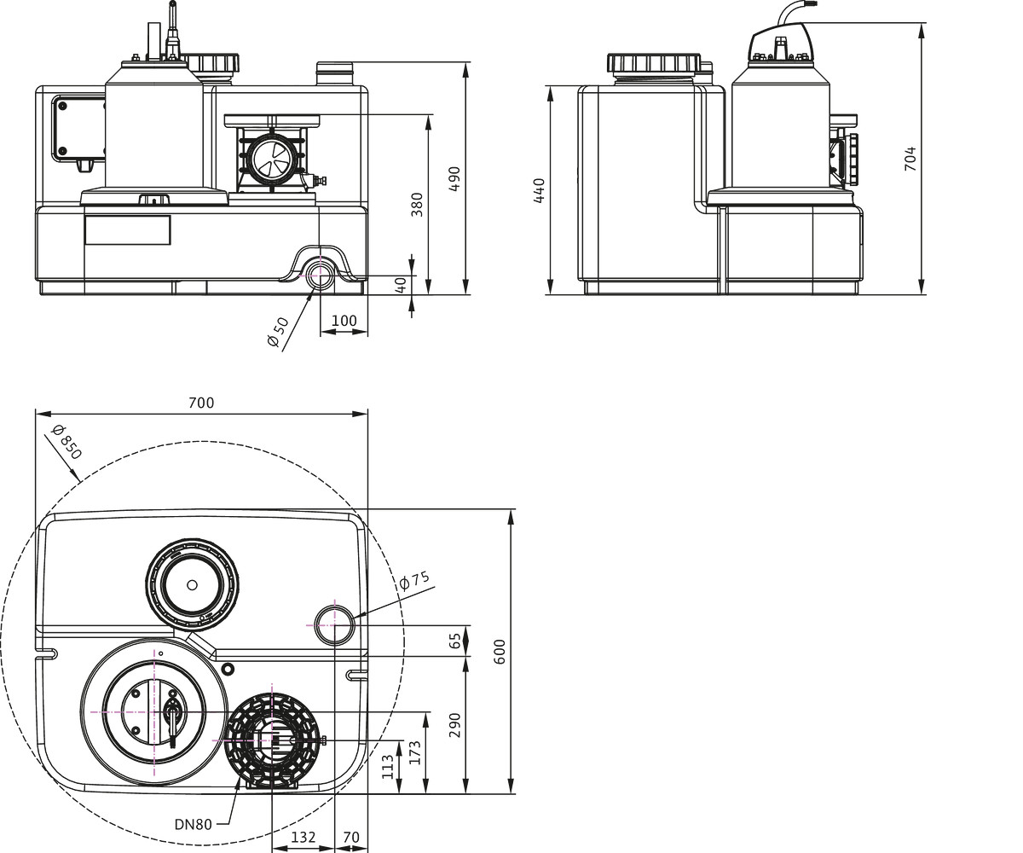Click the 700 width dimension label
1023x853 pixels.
(201, 403)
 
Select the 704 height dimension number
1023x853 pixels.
(910, 159)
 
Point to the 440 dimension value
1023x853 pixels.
(539, 191)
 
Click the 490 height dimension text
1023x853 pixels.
(454, 179)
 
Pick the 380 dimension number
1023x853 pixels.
(417, 205)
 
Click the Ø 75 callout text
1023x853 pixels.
(414, 579)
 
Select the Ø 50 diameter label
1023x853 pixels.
(278, 333)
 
